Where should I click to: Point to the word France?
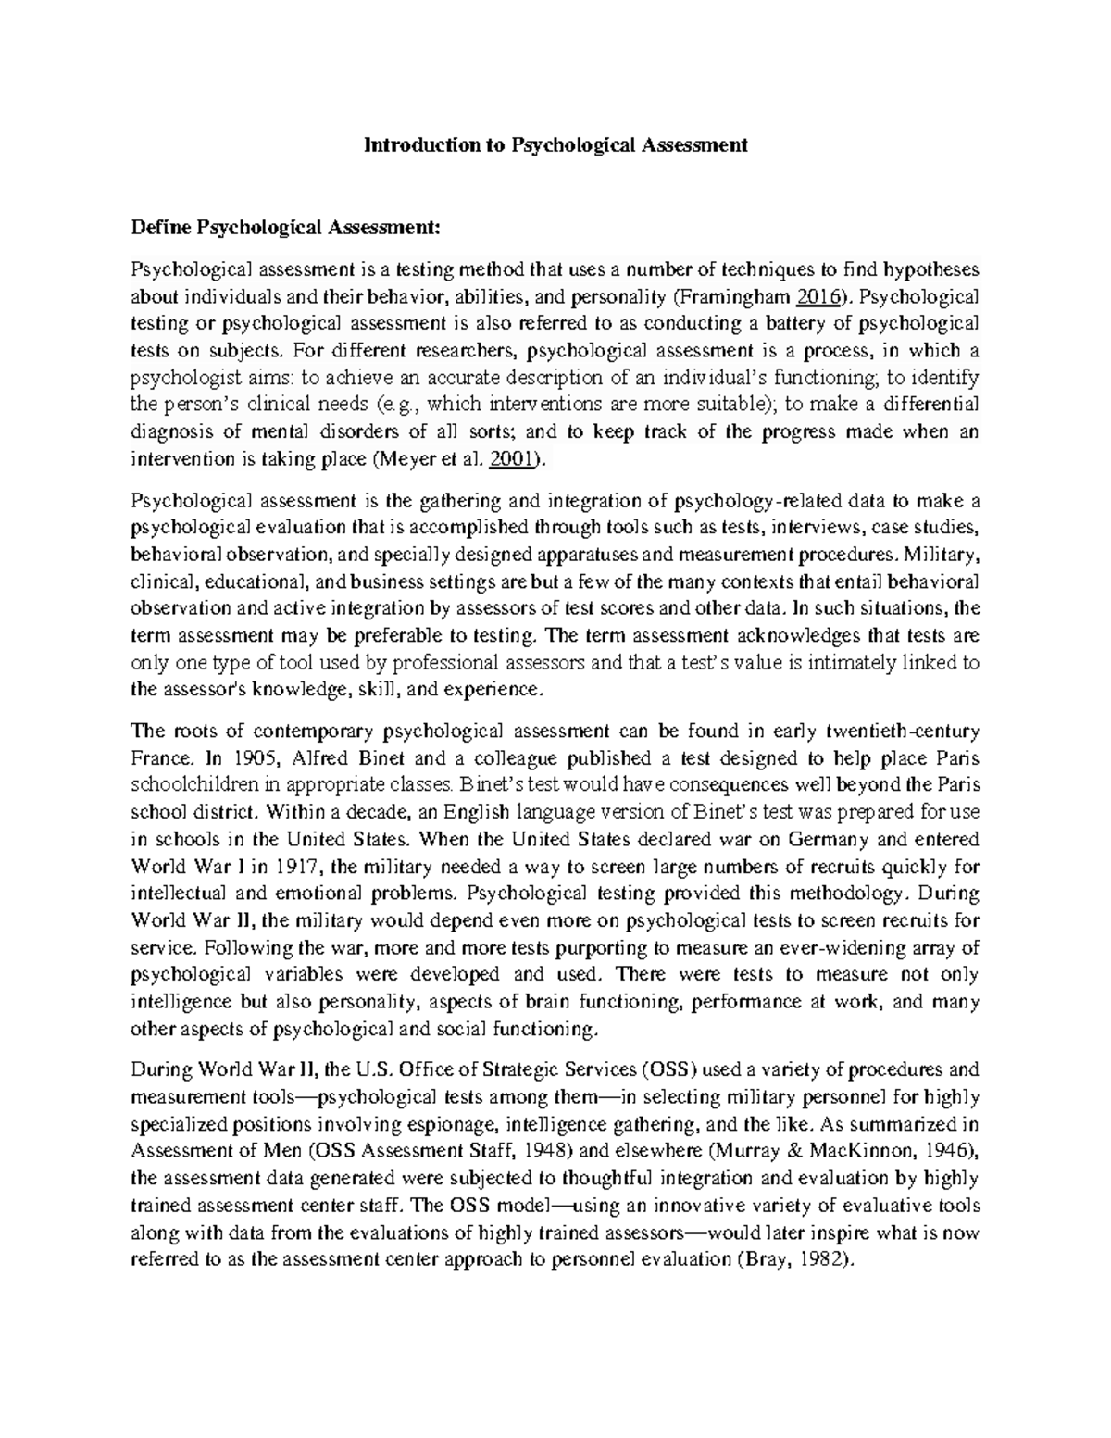[x=156, y=758]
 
